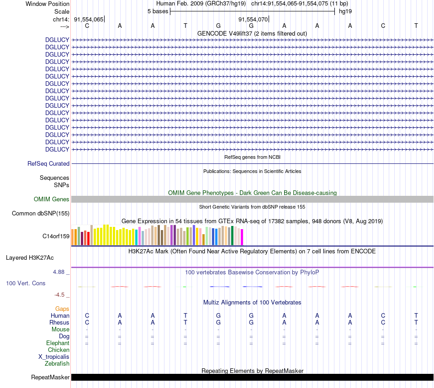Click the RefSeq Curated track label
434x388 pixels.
(x=48, y=163)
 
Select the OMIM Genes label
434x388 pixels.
(x=52, y=199)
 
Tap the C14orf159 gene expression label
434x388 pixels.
(x=56, y=236)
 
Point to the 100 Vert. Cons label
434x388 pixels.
(x=26, y=283)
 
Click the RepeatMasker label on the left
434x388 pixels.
(x=50, y=377)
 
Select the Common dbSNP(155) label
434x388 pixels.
(x=41, y=213)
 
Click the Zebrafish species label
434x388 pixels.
(x=57, y=364)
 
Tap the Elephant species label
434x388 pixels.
(x=58, y=343)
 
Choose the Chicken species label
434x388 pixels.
(x=58, y=350)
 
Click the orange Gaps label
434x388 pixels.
(x=62, y=309)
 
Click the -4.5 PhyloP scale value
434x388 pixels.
(x=61, y=295)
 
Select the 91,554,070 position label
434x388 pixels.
(x=253, y=19)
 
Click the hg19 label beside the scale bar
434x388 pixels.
(x=345, y=11)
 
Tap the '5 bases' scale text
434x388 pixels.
(x=158, y=11)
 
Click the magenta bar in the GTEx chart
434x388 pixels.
(x=242, y=237)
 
